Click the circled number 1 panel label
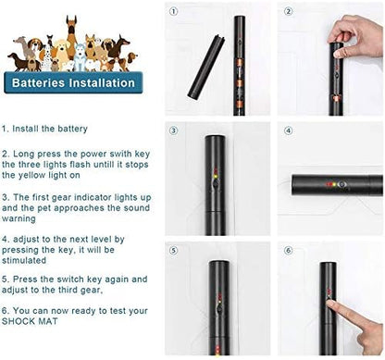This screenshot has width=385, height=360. point(174,12)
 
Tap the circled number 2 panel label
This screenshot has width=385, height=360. point(288,12)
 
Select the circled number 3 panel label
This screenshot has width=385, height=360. point(174,130)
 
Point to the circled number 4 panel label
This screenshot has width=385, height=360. point(288,130)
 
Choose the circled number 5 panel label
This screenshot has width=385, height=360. point(174,250)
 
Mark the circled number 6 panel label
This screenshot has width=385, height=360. point(288,250)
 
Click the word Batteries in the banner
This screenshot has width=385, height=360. point(38,82)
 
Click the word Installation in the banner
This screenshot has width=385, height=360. point(102,82)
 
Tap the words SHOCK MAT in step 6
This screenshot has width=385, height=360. point(30,321)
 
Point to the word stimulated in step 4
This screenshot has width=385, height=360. point(24,260)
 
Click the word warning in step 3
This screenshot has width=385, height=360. point(19,218)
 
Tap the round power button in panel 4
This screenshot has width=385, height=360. point(342,184)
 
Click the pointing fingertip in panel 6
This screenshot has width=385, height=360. point(330,304)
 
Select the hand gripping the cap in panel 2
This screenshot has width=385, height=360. point(354,35)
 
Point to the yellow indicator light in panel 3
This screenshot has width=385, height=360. point(216,177)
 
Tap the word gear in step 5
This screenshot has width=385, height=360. point(91,291)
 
